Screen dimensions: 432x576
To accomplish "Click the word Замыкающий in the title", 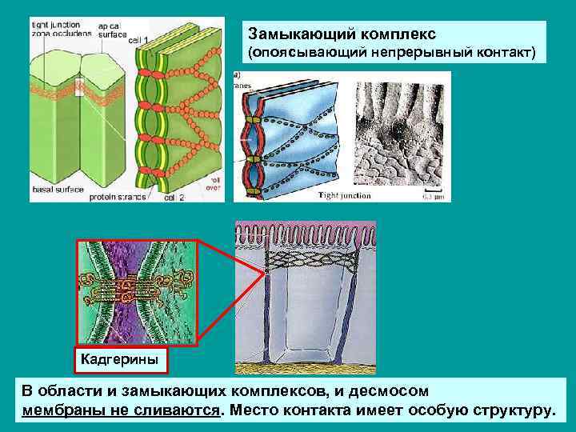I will [x=293, y=35].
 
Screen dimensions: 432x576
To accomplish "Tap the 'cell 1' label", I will [x=139, y=39].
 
